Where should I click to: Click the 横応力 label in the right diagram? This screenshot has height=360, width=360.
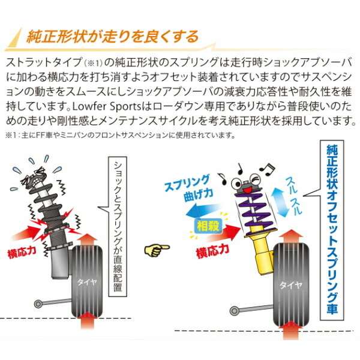214,247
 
